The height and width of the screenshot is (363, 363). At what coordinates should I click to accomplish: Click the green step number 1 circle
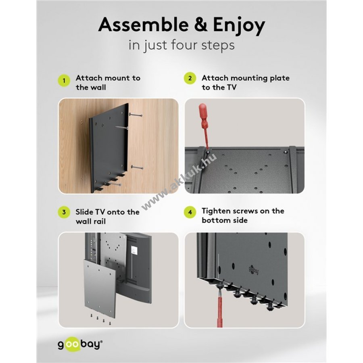64,81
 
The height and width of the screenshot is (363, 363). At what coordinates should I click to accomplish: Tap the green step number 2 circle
190,78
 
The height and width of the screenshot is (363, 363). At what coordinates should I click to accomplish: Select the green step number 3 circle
64,212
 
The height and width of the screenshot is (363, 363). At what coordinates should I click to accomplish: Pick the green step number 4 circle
190,212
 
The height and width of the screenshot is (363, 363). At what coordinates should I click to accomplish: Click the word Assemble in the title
143,25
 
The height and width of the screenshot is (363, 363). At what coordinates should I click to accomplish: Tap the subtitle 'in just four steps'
181,45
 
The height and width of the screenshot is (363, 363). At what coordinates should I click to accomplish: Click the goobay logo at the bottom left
80,344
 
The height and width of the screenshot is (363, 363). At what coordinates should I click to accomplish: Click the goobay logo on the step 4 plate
254,269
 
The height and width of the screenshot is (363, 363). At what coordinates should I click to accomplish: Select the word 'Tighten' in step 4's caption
217,211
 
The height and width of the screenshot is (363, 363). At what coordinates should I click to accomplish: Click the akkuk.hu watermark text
179,181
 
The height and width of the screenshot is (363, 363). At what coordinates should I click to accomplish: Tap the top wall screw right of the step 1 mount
136,115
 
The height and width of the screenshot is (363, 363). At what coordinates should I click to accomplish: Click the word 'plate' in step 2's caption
279,79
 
